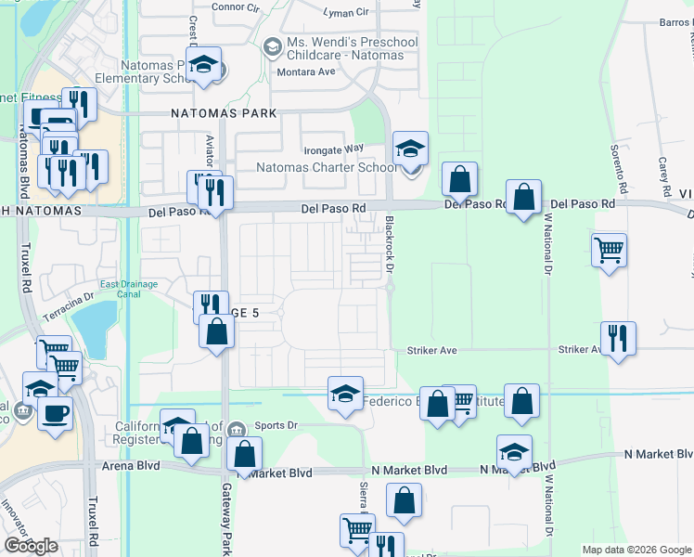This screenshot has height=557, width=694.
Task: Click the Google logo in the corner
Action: click(x=31, y=546)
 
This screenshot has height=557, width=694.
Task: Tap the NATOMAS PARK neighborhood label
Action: click(x=224, y=113)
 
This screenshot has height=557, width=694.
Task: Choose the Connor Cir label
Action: click(x=235, y=7)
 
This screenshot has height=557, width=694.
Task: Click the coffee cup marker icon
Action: click(x=55, y=411)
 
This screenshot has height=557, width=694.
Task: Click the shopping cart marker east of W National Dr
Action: click(x=609, y=249)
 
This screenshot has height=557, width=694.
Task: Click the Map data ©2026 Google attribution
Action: click(x=636, y=550)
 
